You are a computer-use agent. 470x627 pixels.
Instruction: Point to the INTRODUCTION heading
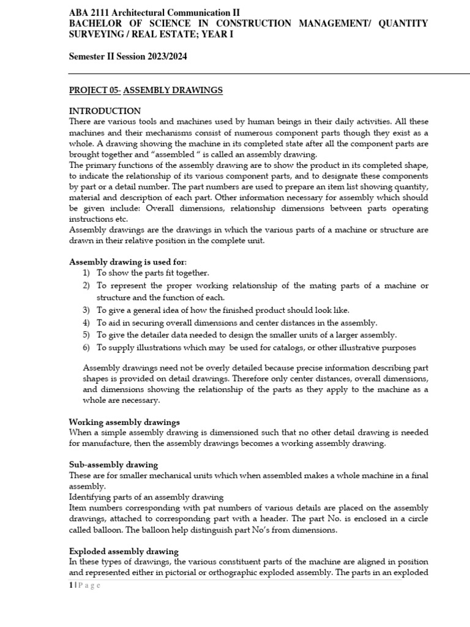(x=105, y=111)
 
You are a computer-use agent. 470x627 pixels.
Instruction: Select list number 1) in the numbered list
(x=86, y=273)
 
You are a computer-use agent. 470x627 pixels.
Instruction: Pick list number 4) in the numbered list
(x=86, y=323)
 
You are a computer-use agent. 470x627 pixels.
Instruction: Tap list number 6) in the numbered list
(x=86, y=348)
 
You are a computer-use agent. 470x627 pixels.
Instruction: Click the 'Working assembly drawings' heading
(x=124, y=422)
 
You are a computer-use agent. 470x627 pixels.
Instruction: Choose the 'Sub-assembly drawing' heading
(x=113, y=465)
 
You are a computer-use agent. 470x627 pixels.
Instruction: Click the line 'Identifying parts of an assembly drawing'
(x=146, y=497)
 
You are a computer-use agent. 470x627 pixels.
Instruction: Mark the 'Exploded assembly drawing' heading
(x=124, y=551)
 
